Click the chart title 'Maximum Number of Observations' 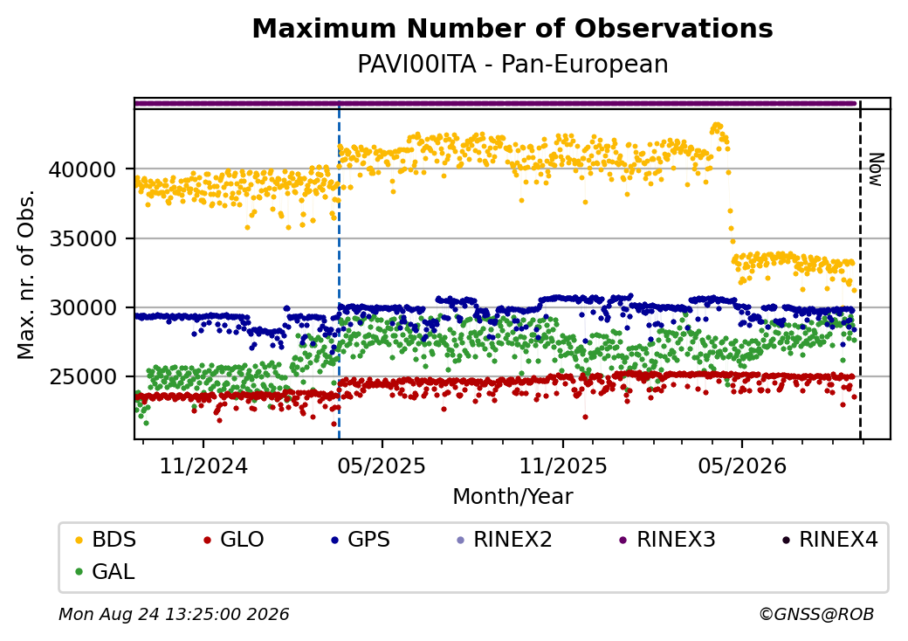pyautogui.click(x=512, y=28)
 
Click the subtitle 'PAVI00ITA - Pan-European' pyautogui.click(x=512, y=64)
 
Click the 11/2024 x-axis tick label pyautogui.click(x=203, y=465)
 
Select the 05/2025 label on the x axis pyautogui.click(x=382, y=465)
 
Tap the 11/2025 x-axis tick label pyautogui.click(x=563, y=465)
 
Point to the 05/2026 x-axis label pyautogui.click(x=742, y=465)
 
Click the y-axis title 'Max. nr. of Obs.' pyautogui.click(x=26, y=274)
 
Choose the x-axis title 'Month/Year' pyautogui.click(x=512, y=496)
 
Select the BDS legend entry pyautogui.click(x=106, y=540)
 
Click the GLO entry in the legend pyautogui.click(x=234, y=540)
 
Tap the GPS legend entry pyautogui.click(x=361, y=540)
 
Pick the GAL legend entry pyautogui.click(x=106, y=571)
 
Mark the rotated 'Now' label pyautogui.click(x=877, y=169)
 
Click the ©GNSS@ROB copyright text pyautogui.click(x=816, y=614)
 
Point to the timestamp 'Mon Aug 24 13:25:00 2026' pyautogui.click(x=174, y=614)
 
